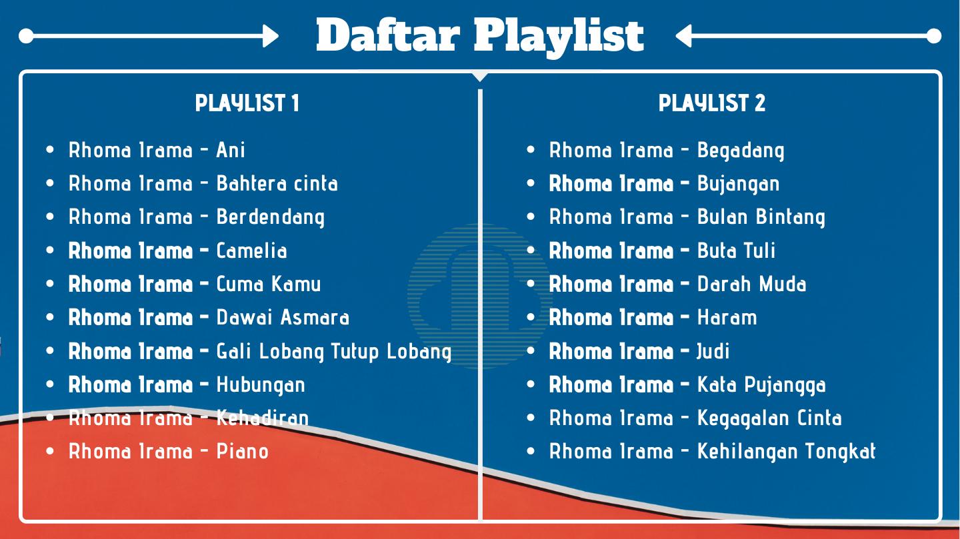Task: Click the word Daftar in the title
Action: (388, 35)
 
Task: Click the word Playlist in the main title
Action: (559, 38)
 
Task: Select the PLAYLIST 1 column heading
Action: (247, 103)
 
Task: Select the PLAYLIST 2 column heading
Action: (712, 103)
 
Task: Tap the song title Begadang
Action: (741, 151)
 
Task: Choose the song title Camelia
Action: (251, 251)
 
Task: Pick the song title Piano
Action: (243, 451)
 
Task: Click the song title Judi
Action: (713, 351)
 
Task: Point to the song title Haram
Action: (727, 318)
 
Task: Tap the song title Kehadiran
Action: (262, 418)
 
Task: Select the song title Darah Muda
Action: (752, 284)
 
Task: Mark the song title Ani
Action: (231, 150)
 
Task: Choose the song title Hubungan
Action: (261, 384)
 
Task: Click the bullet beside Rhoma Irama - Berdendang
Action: (50, 217)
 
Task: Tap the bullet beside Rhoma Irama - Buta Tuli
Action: (531, 251)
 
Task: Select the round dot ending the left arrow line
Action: (26, 36)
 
